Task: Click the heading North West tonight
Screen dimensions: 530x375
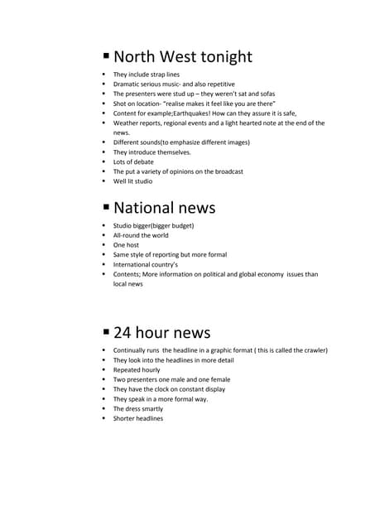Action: tap(182, 57)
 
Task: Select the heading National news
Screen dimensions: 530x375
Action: tap(164, 207)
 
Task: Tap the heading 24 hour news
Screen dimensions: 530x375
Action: tap(161, 333)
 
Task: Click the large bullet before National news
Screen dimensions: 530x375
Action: tap(106, 206)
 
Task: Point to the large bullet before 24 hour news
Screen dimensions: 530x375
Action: tap(106, 332)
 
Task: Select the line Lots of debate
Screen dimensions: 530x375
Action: tap(133, 161)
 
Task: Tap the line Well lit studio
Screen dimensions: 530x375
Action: tap(132, 181)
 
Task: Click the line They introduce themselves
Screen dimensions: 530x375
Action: tap(151, 152)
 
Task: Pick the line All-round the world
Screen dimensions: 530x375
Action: tap(140, 235)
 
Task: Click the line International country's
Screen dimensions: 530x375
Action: tap(146, 264)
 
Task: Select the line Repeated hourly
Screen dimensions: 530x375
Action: tap(137, 369)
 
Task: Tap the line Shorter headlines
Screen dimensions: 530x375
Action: tap(138, 418)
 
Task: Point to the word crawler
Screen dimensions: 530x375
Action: tap(311, 350)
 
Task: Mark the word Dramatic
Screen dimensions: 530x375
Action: tap(127, 84)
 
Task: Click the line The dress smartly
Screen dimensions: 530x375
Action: tap(138, 408)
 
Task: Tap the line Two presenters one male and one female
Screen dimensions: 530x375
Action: tap(171, 379)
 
